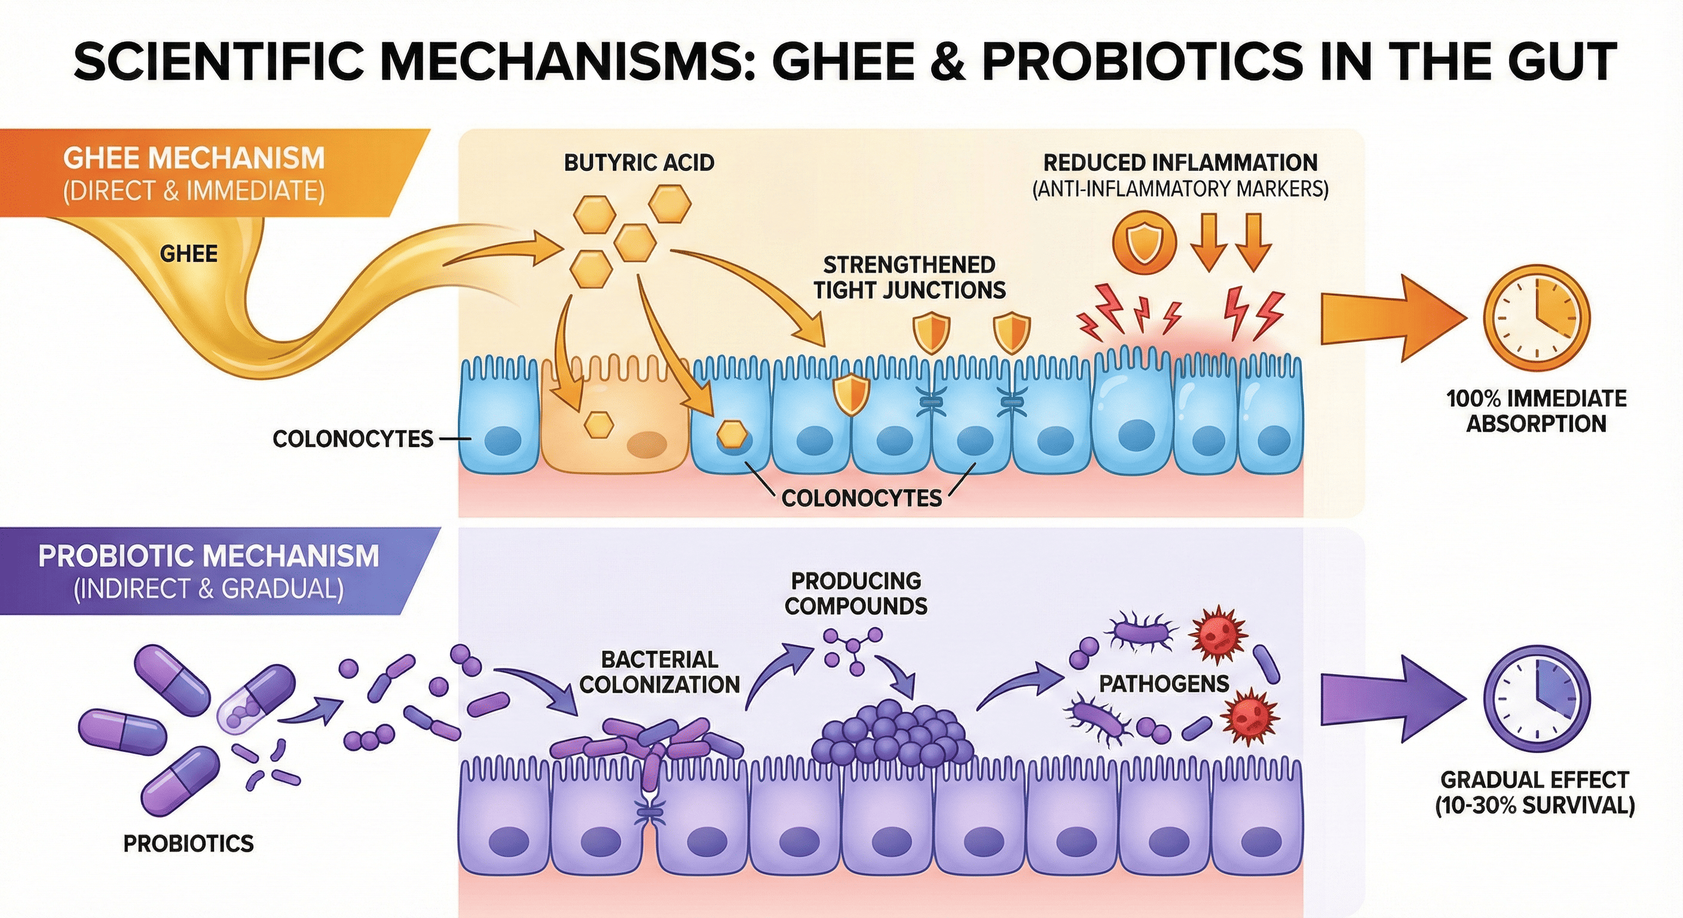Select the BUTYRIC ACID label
pyautogui.click(x=638, y=163)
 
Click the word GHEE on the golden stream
pyautogui.click(x=188, y=253)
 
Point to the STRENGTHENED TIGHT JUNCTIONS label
pyautogui.click(x=909, y=278)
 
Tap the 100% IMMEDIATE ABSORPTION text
pyautogui.click(x=1536, y=411)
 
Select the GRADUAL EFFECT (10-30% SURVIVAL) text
pyautogui.click(x=1534, y=792)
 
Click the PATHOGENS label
pyautogui.click(x=1164, y=684)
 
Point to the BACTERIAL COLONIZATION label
pyautogui.click(x=659, y=672)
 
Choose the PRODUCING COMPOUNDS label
pyautogui.click(x=856, y=593)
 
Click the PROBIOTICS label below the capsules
pyautogui.click(x=188, y=843)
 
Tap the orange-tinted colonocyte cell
pyautogui.click(x=614, y=418)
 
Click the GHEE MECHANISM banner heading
pyautogui.click(x=194, y=159)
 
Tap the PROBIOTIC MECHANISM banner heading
pyautogui.click(x=209, y=556)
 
